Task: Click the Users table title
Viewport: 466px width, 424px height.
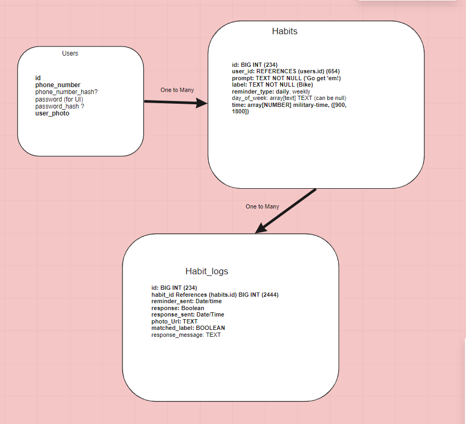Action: pyautogui.click(x=70, y=53)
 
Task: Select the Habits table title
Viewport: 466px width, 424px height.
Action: pyautogui.click(x=285, y=31)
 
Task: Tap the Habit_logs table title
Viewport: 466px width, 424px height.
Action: pyautogui.click(x=207, y=271)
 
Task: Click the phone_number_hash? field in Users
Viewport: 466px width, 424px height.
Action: pyautogui.click(x=66, y=92)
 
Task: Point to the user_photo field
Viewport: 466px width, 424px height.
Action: pyautogui.click(x=52, y=113)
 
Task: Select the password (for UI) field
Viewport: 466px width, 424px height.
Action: pyautogui.click(x=59, y=99)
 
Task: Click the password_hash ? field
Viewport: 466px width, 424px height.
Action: pyautogui.click(x=59, y=106)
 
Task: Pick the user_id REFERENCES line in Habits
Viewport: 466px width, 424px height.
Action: pyautogui.click(x=286, y=72)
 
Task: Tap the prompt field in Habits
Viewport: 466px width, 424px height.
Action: pyautogui.click(x=286, y=79)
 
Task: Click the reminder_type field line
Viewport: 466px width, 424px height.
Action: pyautogui.click(x=271, y=91)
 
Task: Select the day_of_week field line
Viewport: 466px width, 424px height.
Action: pyautogui.click(x=289, y=98)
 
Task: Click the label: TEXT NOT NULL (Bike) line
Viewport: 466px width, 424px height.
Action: pyautogui.click(x=272, y=85)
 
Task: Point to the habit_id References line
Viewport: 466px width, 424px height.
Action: pyautogui.click(x=215, y=295)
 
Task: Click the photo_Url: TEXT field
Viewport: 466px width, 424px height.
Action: pyautogui.click(x=174, y=321)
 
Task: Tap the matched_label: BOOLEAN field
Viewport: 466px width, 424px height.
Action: pyautogui.click(x=188, y=328)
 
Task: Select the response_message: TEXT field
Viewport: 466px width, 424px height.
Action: pyautogui.click(x=186, y=335)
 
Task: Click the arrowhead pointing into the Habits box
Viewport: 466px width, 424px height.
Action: pyautogui.click(x=202, y=103)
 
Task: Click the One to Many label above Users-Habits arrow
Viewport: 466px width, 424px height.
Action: pyautogui.click(x=177, y=90)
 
